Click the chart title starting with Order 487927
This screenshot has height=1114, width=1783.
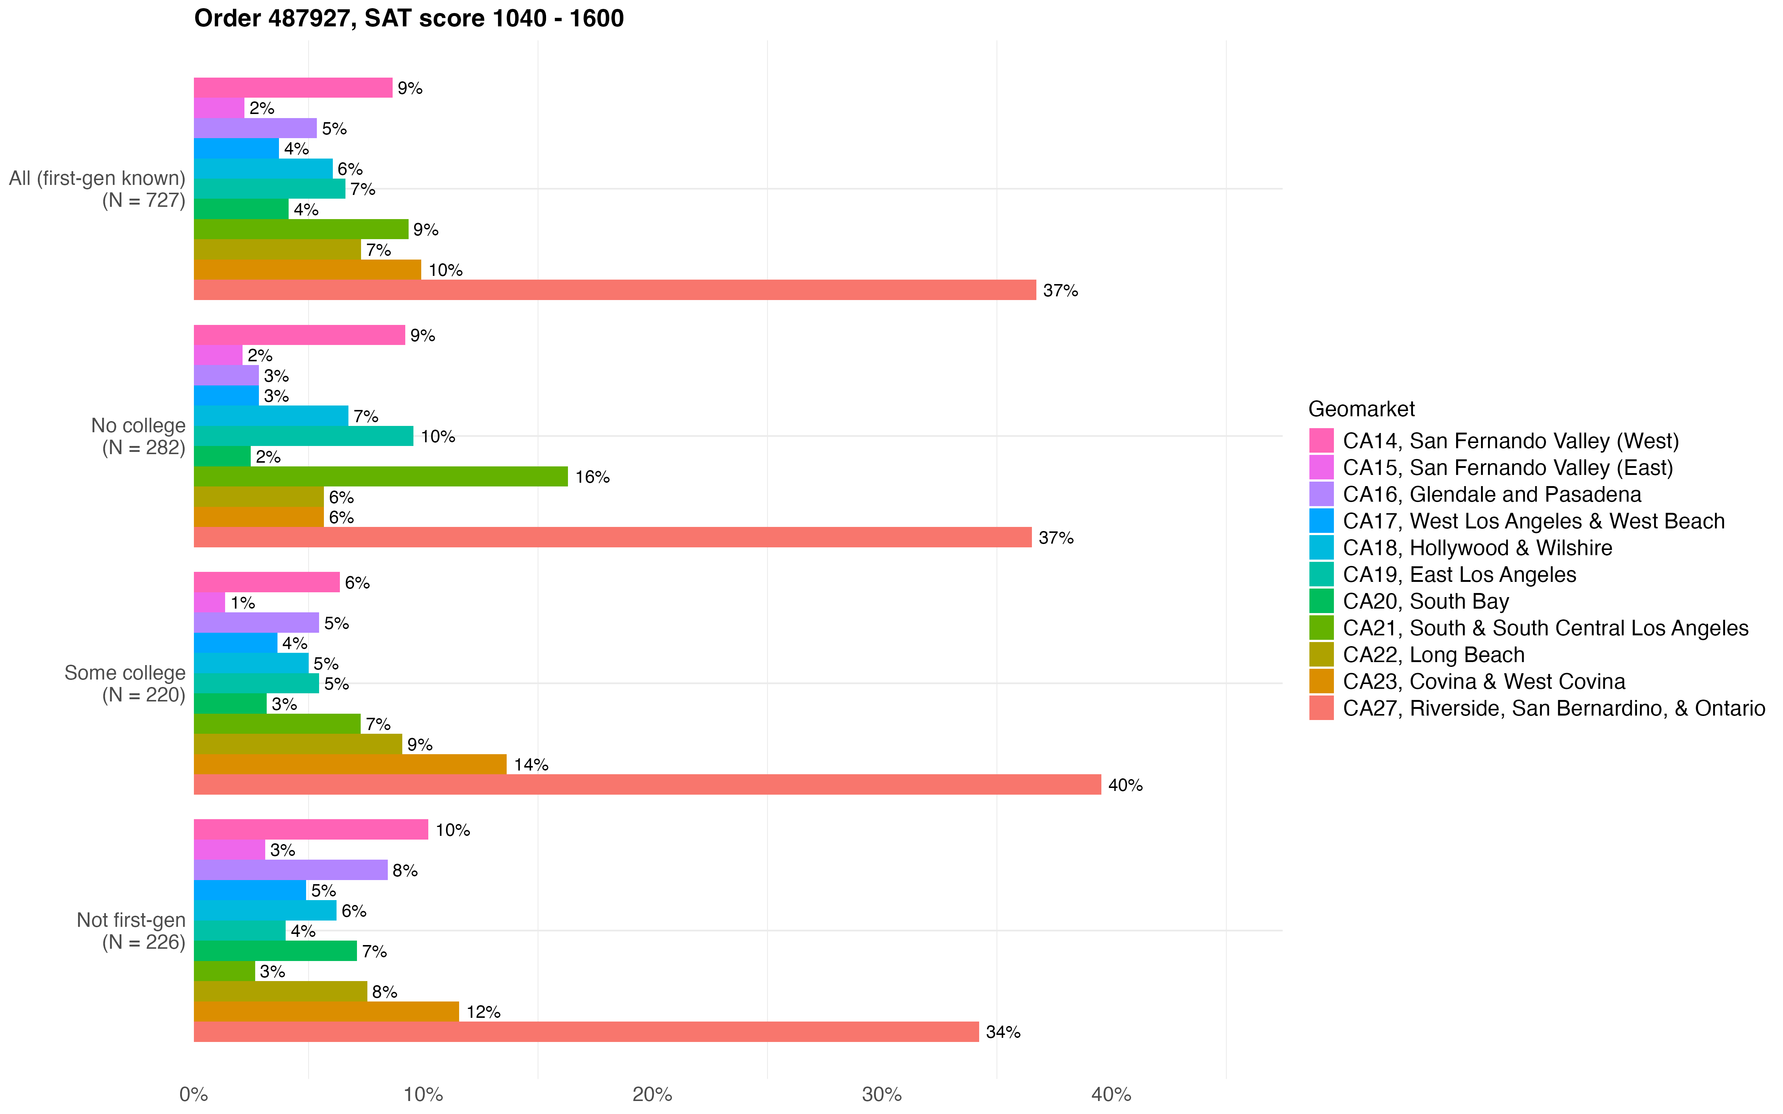(409, 19)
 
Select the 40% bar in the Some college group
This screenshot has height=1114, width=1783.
(647, 785)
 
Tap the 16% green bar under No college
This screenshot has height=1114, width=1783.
(380, 477)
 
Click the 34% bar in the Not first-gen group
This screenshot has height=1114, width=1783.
(586, 1032)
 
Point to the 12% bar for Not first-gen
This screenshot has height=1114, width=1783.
(326, 1012)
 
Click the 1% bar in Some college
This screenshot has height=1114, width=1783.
(209, 603)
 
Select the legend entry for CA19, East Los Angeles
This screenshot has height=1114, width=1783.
(1459, 575)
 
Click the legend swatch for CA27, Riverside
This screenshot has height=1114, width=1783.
(1321, 708)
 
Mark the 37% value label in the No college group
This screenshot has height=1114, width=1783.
(1056, 538)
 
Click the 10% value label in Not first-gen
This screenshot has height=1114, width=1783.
(452, 830)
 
